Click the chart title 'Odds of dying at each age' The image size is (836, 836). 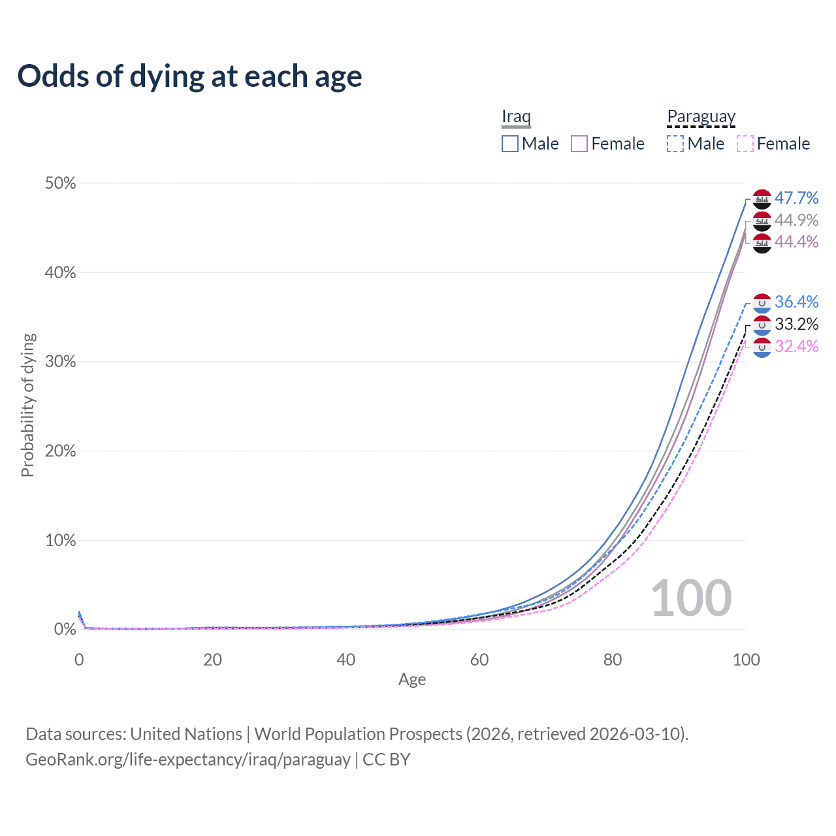pos(189,76)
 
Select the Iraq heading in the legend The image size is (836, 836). pos(516,116)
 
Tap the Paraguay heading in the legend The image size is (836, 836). pos(701,116)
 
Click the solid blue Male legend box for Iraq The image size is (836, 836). pos(510,144)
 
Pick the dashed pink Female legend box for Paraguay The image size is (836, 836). pos(745,144)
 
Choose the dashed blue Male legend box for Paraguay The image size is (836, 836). pos(675,144)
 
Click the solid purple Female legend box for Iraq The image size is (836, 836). pos(579,144)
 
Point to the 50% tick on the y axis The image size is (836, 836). pos(61,183)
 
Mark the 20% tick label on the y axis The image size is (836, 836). pos(61,451)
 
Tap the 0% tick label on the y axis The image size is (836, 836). pos(65,629)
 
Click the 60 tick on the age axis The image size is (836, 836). pos(479,660)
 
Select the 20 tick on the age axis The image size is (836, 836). pos(212,660)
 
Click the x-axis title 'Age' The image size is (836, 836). pos(412,679)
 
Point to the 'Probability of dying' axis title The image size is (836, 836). pos(27,405)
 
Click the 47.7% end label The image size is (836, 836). pos(796,198)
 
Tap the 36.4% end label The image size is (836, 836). pos(796,302)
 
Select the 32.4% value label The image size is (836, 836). pos(796,346)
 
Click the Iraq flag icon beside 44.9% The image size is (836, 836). pos(762,221)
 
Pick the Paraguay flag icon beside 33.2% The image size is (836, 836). pos(762,325)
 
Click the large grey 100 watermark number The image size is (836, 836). pos(691,598)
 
